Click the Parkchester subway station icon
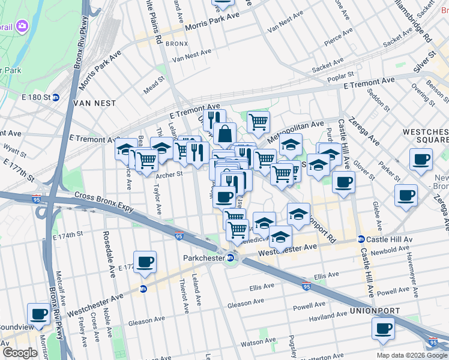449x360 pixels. [x=230, y=259]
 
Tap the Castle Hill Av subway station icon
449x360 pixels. [x=361, y=239]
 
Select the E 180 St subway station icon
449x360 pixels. [x=56, y=97]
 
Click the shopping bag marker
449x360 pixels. [x=224, y=135]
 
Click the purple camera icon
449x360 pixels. [x=22, y=26]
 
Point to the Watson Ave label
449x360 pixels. [x=258, y=342]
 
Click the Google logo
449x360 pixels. [x=20, y=353]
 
